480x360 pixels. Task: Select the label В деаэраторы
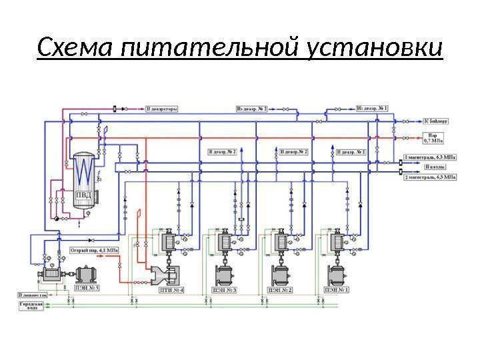click(x=162, y=107)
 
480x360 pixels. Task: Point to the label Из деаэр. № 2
click(x=251, y=107)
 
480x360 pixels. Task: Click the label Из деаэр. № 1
click(x=372, y=107)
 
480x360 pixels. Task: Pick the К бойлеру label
click(x=437, y=122)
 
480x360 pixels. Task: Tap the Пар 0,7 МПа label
click(x=433, y=139)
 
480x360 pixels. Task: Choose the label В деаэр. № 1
click(x=353, y=152)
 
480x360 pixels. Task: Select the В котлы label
click(x=435, y=167)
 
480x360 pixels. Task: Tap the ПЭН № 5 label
click(x=87, y=288)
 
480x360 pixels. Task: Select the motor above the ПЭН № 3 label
click(x=225, y=274)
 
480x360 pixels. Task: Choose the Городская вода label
click(x=31, y=305)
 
